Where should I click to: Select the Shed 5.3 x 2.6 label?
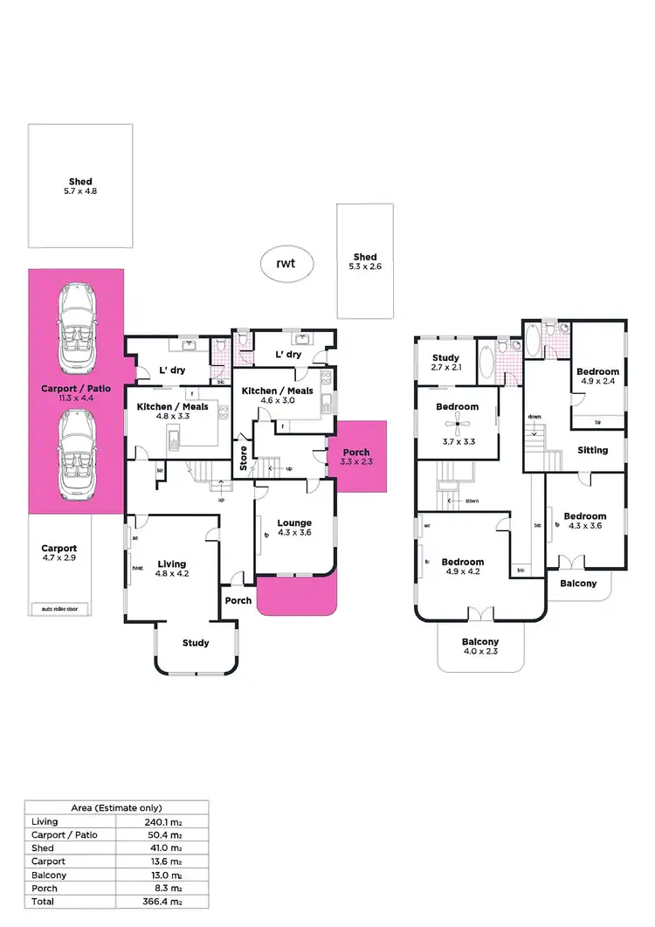point(365,262)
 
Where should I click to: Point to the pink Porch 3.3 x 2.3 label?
point(355,457)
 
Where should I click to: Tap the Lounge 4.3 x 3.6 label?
point(294,527)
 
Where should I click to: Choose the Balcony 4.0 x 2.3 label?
point(481,647)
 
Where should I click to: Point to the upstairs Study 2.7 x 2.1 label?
point(445,363)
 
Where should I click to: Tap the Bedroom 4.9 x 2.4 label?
point(597,377)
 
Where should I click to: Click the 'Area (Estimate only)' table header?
point(116,808)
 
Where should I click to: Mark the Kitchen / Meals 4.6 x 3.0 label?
point(277,396)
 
